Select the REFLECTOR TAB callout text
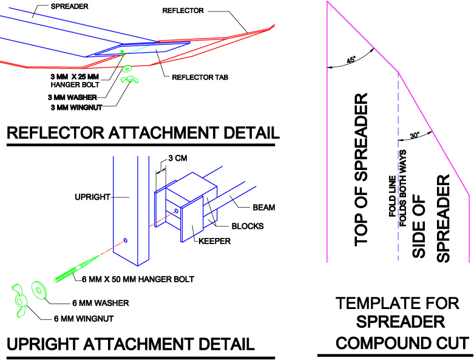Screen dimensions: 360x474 point(200,77)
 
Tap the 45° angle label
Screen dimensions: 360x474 point(351,60)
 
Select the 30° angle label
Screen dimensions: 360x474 point(414,135)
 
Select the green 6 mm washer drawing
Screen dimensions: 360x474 point(40,290)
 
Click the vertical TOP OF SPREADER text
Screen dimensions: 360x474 point(362,169)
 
